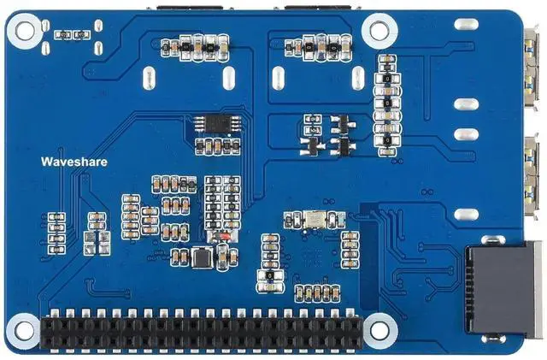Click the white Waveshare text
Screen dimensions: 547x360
click(73, 161)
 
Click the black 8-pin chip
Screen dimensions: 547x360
click(210, 123)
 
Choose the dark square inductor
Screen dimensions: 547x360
click(203, 257)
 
